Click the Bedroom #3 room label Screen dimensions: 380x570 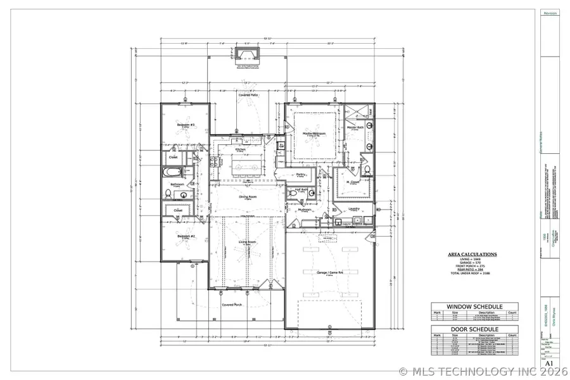tap(185, 125)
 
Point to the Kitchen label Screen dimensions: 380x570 tap(240, 150)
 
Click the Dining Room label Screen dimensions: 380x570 tap(246, 196)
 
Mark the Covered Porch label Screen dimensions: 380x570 tap(232, 305)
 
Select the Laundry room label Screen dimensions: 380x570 tap(354, 208)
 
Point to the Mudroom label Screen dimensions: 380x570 tap(305, 208)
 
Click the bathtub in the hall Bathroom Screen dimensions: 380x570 tap(172, 172)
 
